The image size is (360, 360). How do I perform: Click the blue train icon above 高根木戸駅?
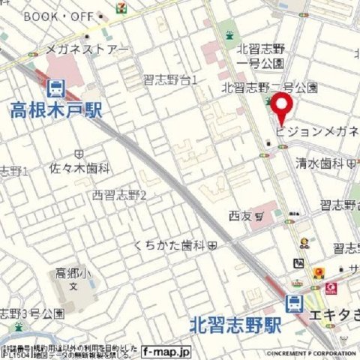(x=55, y=90)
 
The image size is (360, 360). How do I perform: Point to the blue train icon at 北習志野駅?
(x=294, y=303)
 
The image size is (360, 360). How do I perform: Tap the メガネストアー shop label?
(x=88, y=49)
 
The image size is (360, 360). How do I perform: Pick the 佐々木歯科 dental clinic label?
(x=80, y=169)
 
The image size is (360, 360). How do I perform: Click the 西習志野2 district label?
(x=119, y=196)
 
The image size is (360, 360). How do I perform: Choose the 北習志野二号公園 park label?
(x=270, y=87)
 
